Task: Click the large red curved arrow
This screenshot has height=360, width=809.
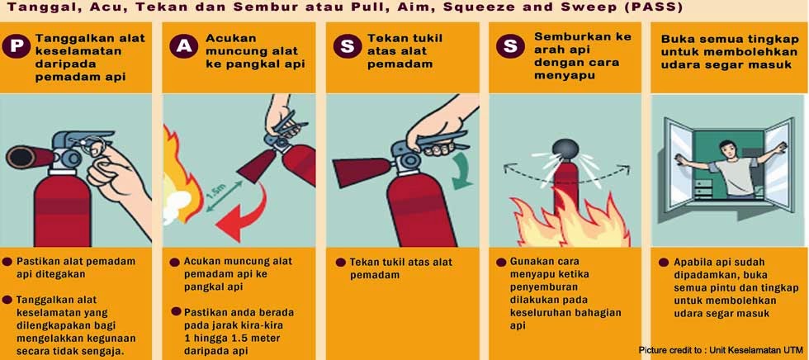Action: tap(244, 211)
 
